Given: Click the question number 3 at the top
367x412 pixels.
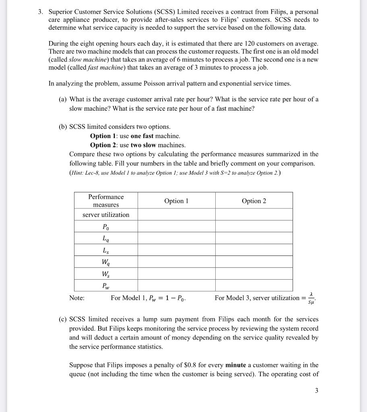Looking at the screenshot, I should coord(41,12).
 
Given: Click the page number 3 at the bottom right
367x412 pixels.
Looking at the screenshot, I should coord(317,390).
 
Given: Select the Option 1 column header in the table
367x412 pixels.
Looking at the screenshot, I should coord(176,200).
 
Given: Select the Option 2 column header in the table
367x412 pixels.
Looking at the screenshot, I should coord(254,200).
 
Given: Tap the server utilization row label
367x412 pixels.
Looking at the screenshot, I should coord(106,214).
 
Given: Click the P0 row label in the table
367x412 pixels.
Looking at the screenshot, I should coord(106,227).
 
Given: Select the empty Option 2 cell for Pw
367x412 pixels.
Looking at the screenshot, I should coord(254,286).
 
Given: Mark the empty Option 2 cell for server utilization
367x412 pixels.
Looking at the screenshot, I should coord(254,214).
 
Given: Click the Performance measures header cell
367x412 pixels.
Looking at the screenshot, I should coord(106,200).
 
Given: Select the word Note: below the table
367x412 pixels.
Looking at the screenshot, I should coord(77,298).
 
